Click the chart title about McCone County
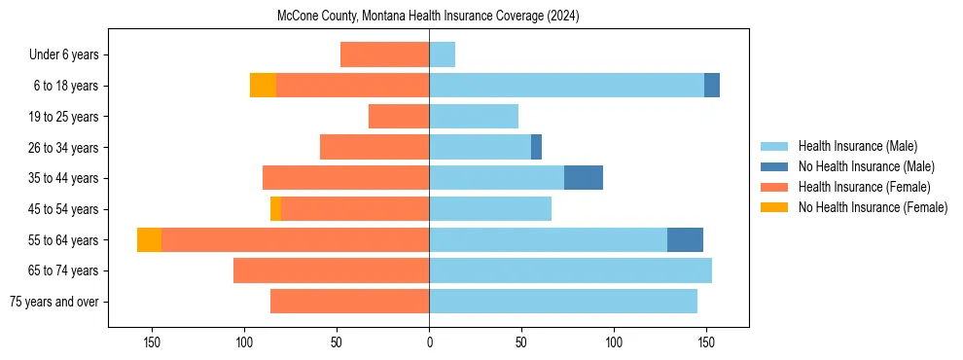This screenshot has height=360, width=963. (428, 16)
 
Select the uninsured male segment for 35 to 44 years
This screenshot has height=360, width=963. (584, 178)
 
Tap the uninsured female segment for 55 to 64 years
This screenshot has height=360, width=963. (149, 239)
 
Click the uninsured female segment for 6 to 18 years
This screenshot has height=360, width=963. (263, 86)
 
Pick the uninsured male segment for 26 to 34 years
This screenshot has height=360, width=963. (536, 147)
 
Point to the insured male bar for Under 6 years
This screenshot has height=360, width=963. (442, 55)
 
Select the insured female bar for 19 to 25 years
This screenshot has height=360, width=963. (399, 117)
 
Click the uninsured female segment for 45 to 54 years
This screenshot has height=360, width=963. (275, 208)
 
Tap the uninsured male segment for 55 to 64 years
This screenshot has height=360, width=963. (685, 239)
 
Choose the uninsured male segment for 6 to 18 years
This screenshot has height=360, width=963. (712, 86)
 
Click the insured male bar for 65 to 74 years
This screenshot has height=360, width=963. (570, 270)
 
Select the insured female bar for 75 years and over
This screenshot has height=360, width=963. (349, 302)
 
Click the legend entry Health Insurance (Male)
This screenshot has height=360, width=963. (857, 147)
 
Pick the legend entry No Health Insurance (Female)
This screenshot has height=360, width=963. (873, 207)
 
